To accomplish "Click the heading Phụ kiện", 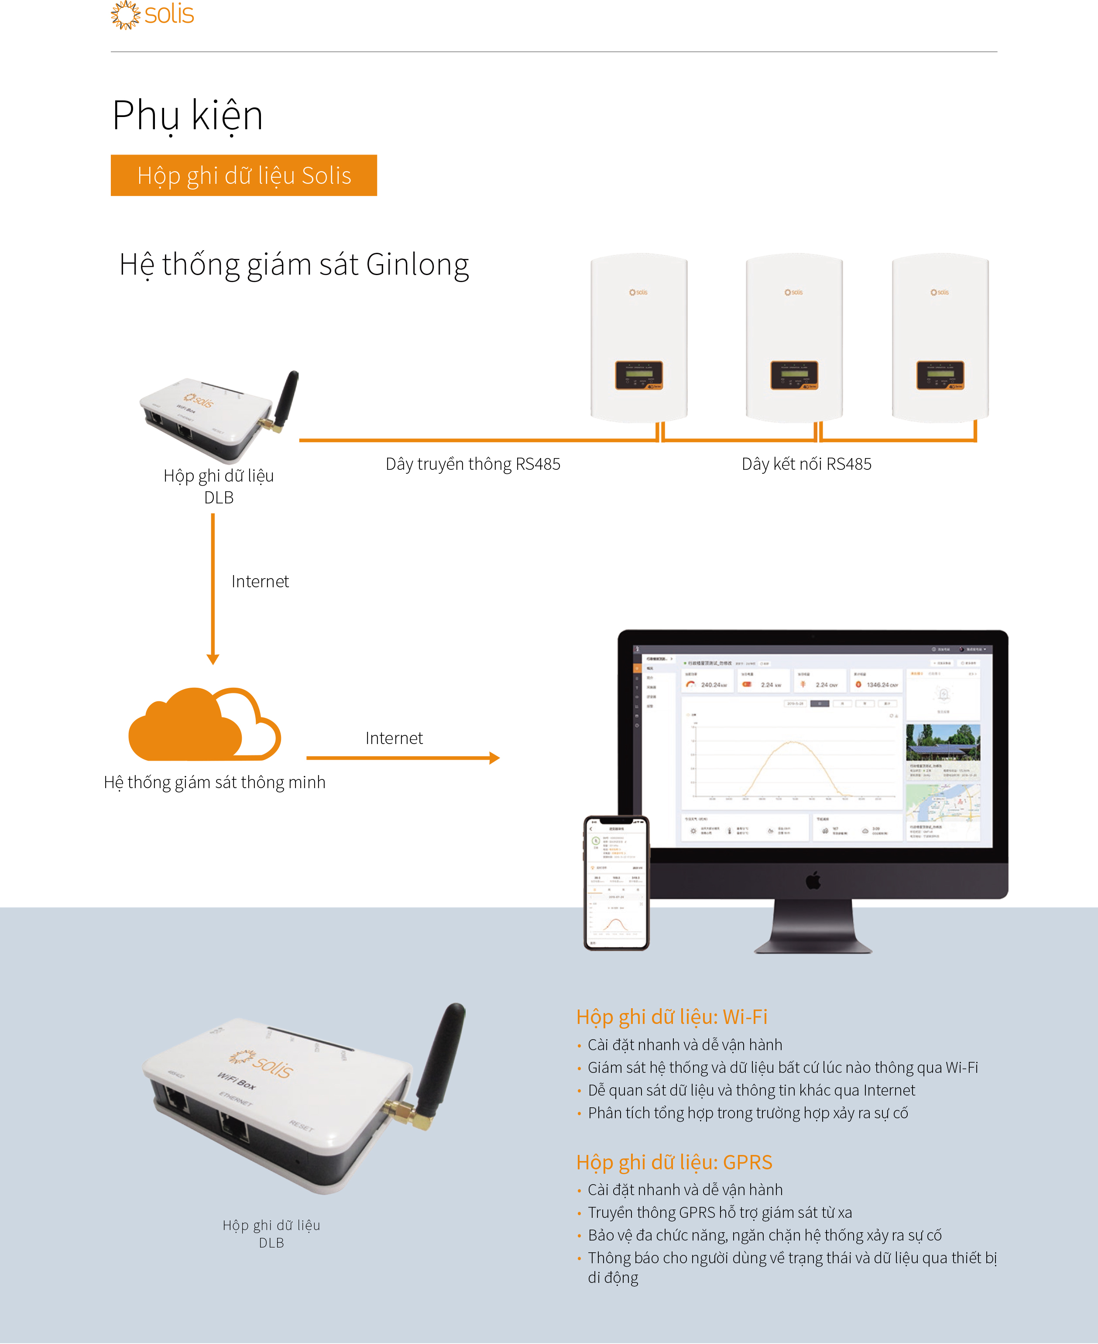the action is coord(187,116).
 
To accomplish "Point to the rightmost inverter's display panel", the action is coord(940,375).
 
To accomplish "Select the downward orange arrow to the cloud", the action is coord(213,589).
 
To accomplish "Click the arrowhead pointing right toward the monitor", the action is coord(494,758).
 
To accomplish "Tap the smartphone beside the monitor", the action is coord(616,883).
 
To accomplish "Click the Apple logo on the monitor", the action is coord(813,880).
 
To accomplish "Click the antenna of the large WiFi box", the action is coord(443,1057).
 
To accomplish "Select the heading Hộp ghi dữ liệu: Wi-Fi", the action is coord(671,1017).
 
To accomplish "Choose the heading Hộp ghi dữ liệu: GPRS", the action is coord(674,1162).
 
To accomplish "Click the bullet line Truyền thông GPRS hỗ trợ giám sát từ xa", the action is coord(720,1213).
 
